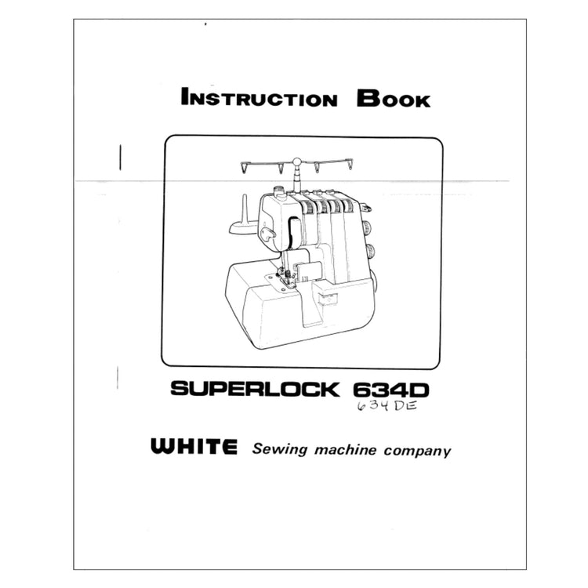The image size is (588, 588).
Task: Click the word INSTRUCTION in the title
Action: point(259,99)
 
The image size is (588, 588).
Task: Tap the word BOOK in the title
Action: point(393,99)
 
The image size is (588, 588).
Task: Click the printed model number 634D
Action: point(394,389)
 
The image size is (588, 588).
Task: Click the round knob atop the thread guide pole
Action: point(297,162)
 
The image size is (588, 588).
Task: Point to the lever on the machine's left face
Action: point(268,234)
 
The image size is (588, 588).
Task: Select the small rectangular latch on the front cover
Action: point(327,299)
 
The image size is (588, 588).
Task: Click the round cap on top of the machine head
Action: point(278,189)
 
